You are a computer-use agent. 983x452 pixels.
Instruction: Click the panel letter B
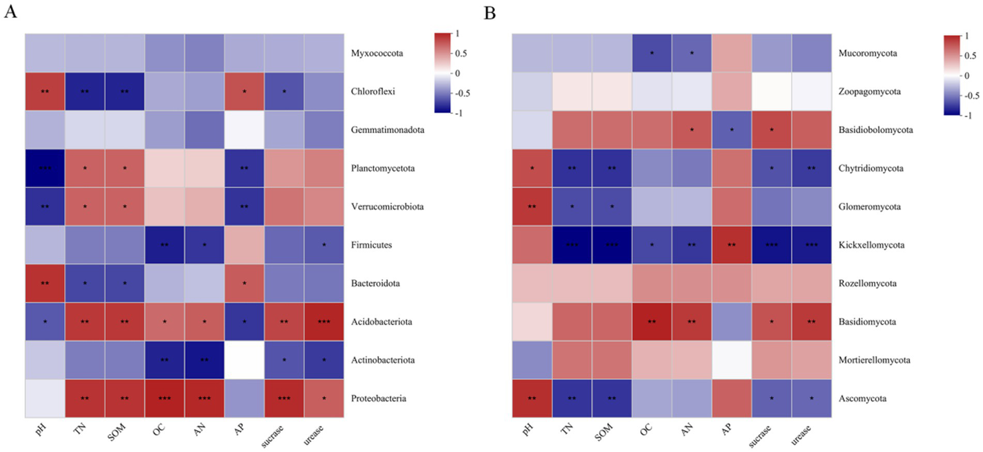[x=491, y=12]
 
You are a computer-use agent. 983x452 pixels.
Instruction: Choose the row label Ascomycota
[x=862, y=399]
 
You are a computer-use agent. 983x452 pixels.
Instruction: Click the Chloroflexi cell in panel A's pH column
[x=45, y=92]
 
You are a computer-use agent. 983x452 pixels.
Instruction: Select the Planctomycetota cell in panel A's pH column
[x=45, y=168]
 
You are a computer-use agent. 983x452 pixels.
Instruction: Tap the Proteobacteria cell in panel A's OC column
[x=165, y=399]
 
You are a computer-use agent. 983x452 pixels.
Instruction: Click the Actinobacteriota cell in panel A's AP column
[x=245, y=360]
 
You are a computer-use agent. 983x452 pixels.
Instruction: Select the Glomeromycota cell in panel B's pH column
[x=533, y=207]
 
